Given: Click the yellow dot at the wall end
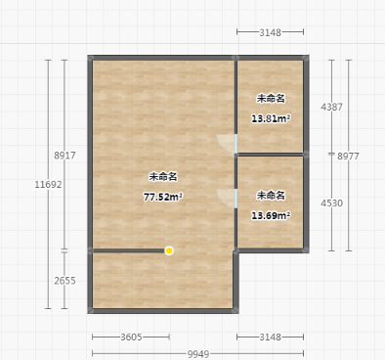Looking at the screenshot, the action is (169, 250).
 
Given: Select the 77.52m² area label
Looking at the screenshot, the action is (163, 197).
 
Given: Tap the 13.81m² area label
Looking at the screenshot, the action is (271, 118).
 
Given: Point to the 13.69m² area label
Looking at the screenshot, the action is (271, 215).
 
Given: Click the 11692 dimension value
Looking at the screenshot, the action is (48, 185).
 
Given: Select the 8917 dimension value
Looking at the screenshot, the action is (64, 156).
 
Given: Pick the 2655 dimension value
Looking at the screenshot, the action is (64, 281).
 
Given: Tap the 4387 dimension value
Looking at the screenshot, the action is (331, 107).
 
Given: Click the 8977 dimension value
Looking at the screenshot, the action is (348, 157).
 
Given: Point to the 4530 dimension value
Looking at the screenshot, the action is (331, 203).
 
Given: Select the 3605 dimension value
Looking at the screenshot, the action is (131, 337).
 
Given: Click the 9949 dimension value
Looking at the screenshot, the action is (198, 354).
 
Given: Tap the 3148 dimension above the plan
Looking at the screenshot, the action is (270, 32).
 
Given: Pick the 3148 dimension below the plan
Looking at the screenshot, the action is (270, 337).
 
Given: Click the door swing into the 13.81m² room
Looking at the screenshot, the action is (227, 144).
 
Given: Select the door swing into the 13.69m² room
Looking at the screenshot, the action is (227, 199).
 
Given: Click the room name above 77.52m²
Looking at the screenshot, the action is (163, 177).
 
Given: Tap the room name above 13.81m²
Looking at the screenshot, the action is (271, 98).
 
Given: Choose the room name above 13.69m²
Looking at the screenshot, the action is (271, 196).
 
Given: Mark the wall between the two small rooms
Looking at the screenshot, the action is (271, 155).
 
